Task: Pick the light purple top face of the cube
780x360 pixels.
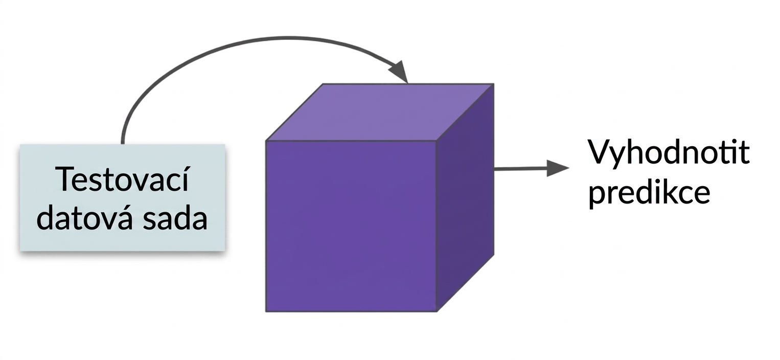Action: point(380,112)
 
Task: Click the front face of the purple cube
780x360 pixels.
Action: point(351,226)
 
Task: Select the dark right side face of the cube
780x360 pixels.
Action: point(465,197)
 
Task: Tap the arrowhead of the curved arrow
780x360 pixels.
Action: point(399,72)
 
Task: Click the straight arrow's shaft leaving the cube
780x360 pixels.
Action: point(520,169)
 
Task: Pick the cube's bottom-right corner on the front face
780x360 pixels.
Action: point(437,311)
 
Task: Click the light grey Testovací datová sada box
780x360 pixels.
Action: point(123,197)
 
